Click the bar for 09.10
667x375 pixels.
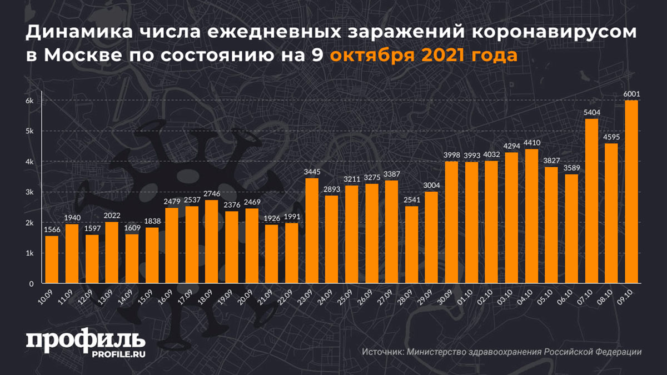(x=631, y=192)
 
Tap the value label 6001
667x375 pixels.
(x=631, y=94)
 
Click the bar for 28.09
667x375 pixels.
(x=411, y=245)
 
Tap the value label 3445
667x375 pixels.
(x=312, y=172)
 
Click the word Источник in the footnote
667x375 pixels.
(x=382, y=352)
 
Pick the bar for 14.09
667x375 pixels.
(x=131, y=259)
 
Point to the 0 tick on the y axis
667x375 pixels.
(x=32, y=284)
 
